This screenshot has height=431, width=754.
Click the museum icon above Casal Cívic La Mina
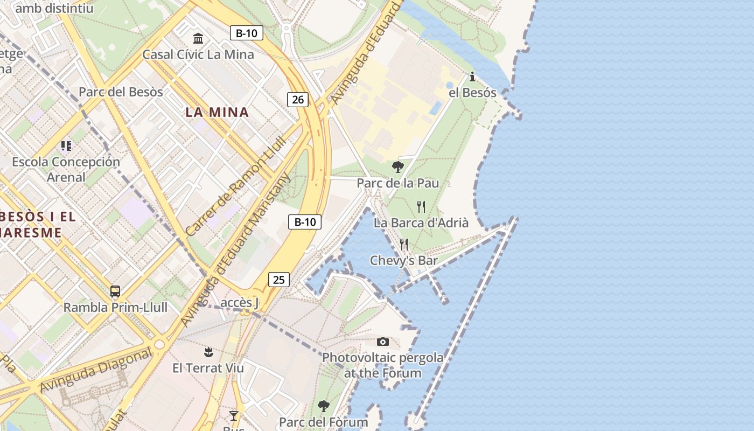pyautogui.click(x=198, y=38)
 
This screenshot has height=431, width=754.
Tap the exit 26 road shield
pyautogui.click(x=298, y=99)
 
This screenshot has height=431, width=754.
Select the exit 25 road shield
pyautogui.click(x=278, y=280)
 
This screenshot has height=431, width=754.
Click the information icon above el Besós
pyautogui.click(x=472, y=77)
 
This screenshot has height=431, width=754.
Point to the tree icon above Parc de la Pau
pyautogui.click(x=398, y=166)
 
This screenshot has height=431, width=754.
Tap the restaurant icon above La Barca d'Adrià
pyautogui.click(x=421, y=206)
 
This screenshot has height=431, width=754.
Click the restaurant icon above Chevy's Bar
pyautogui.click(x=404, y=245)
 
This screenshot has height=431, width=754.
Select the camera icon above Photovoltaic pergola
pyautogui.click(x=383, y=342)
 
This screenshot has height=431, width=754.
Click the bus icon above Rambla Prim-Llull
pyautogui.click(x=115, y=291)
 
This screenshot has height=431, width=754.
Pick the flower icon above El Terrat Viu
pyautogui.click(x=208, y=352)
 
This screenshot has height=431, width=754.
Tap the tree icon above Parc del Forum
pyautogui.click(x=323, y=406)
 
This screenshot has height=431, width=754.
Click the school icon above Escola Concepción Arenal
pyautogui.click(x=66, y=145)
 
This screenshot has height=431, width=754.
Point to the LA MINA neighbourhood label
pyautogui.click(x=217, y=113)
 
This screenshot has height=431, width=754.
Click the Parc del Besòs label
pyautogui.click(x=121, y=92)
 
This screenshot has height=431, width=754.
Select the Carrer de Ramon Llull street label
pyautogui.click(x=236, y=185)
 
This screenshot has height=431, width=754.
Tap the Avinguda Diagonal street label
pyautogui.click(x=96, y=371)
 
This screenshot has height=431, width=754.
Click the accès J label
pyautogui.click(x=240, y=303)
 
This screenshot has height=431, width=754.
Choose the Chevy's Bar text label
pyautogui.click(x=403, y=261)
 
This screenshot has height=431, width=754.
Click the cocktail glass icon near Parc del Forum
pyautogui.click(x=234, y=415)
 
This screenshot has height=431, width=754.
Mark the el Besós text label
pyautogui.click(x=472, y=93)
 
